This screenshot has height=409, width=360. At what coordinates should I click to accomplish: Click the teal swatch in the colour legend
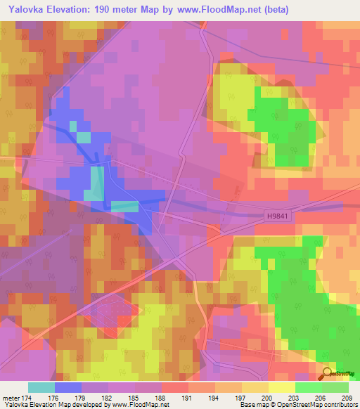(41, 387)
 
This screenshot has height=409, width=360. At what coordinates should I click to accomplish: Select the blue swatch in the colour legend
(68, 387)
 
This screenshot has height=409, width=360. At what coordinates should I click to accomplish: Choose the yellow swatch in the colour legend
(282, 387)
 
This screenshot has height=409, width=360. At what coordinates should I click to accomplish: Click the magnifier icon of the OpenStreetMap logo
(327, 372)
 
